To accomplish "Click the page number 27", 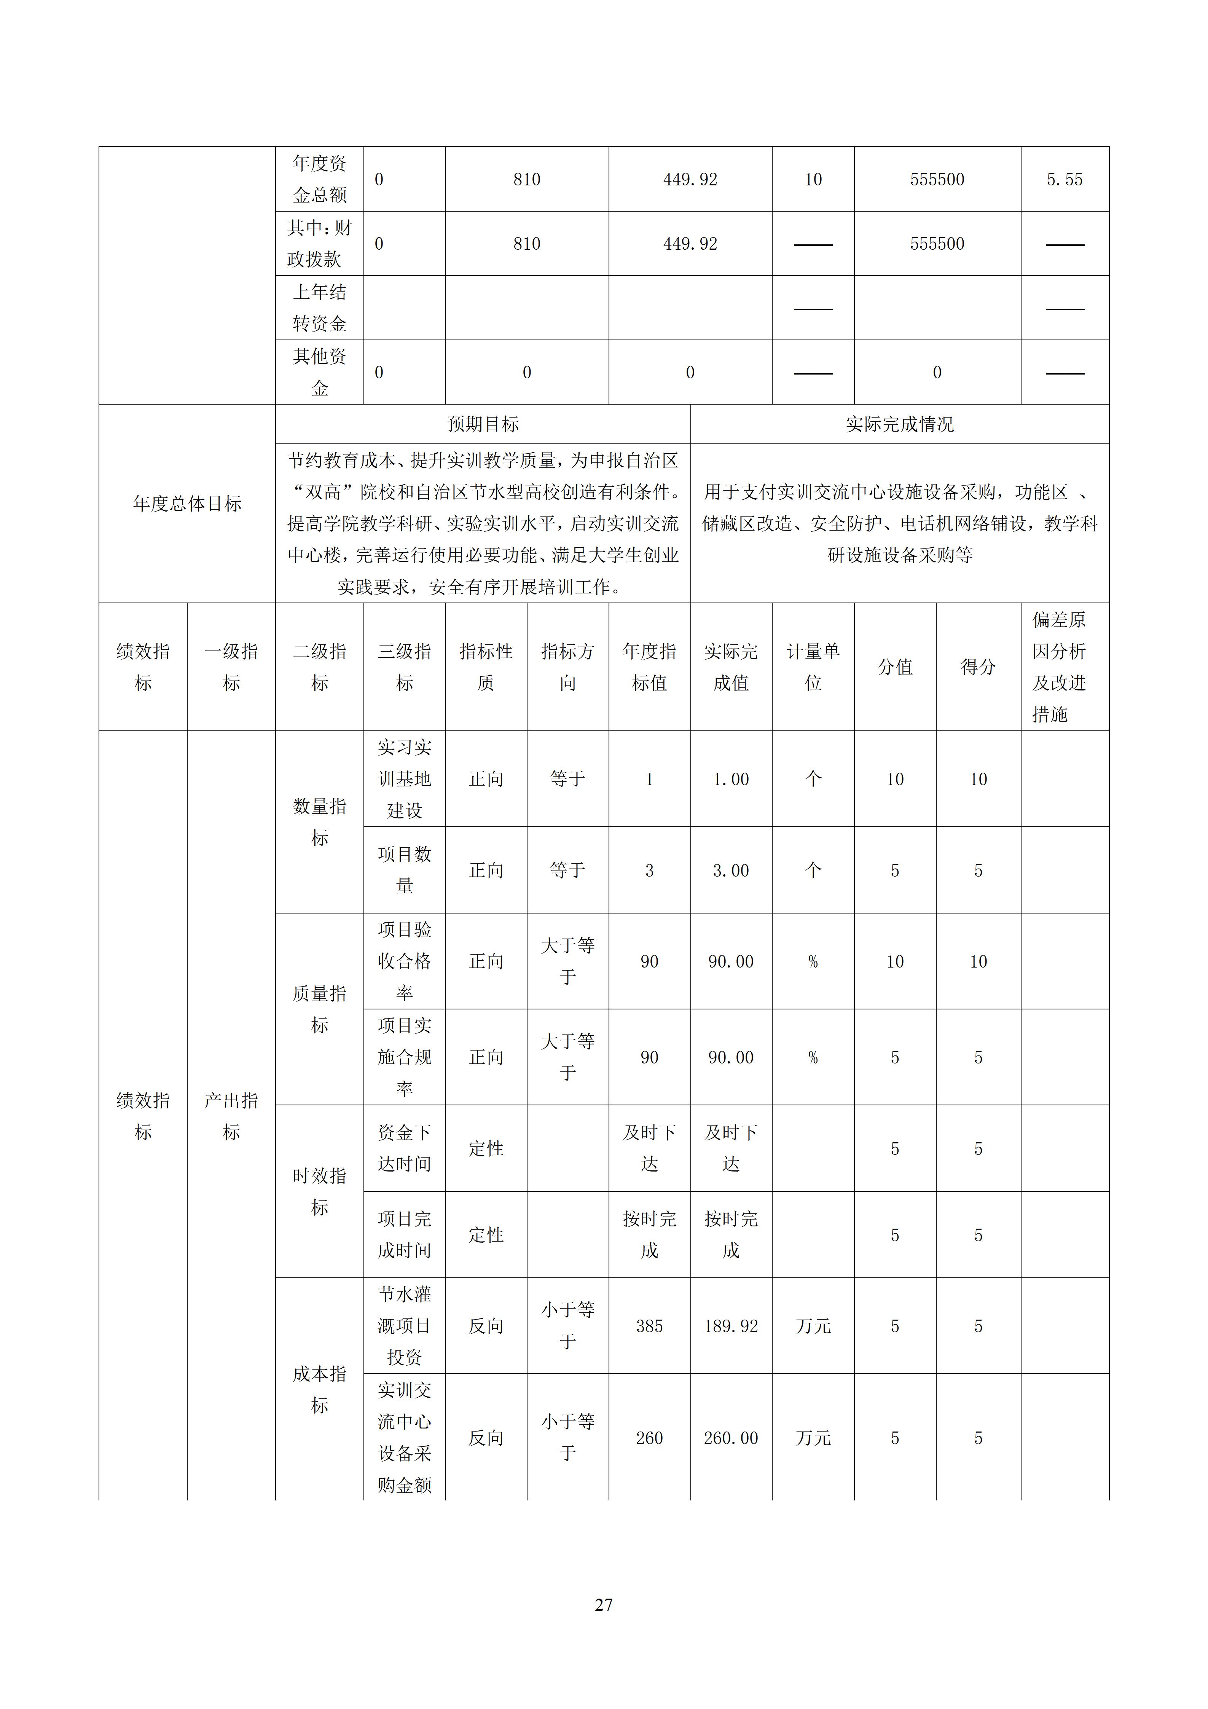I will coord(604,1605).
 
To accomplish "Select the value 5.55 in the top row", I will coord(1065,179).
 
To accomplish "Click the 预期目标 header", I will coord(483,424).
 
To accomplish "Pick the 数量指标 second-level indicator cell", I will coord(319,822).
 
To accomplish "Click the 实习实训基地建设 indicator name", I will coord(404,779).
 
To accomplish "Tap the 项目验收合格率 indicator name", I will coord(404,961).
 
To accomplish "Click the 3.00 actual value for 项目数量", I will coord(731,870).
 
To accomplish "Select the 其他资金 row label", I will coord(319,372).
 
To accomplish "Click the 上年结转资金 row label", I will coord(319,308).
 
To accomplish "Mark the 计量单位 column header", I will coord(813,667).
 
